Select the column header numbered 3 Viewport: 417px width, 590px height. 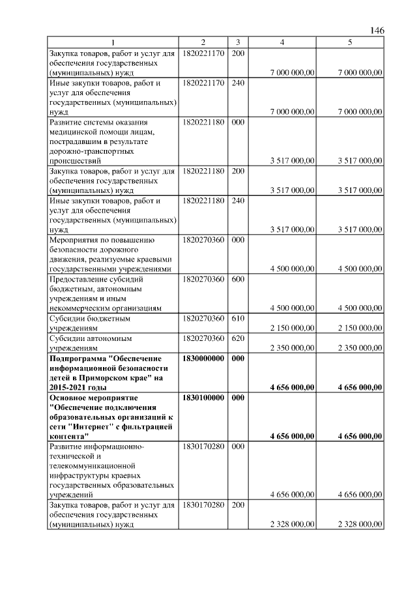click(x=238, y=42)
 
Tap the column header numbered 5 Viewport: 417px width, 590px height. click(x=350, y=42)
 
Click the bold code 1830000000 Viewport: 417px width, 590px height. click(x=204, y=359)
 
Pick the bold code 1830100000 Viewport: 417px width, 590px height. click(x=204, y=397)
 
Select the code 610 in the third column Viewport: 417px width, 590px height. click(x=238, y=319)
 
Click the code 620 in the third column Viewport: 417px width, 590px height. click(x=238, y=338)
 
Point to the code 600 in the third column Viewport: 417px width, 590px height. click(x=238, y=279)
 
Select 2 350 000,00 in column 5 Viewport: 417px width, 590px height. click(x=360, y=348)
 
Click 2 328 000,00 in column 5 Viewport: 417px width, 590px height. click(x=360, y=524)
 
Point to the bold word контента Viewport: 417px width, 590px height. click(x=68, y=436)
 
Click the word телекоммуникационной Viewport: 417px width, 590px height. click(x=91, y=466)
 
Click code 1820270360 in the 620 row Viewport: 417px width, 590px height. click(x=204, y=338)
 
